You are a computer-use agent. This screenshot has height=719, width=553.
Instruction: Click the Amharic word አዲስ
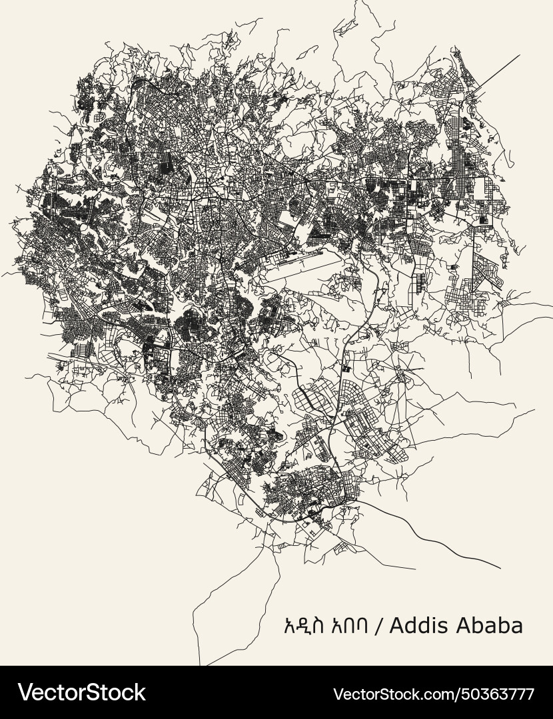(x=307, y=626)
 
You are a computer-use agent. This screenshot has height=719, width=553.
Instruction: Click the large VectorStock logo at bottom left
(x=82, y=692)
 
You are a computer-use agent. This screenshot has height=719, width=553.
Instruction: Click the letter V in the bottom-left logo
(x=25, y=692)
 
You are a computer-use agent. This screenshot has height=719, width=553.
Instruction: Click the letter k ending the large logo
(x=139, y=692)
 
